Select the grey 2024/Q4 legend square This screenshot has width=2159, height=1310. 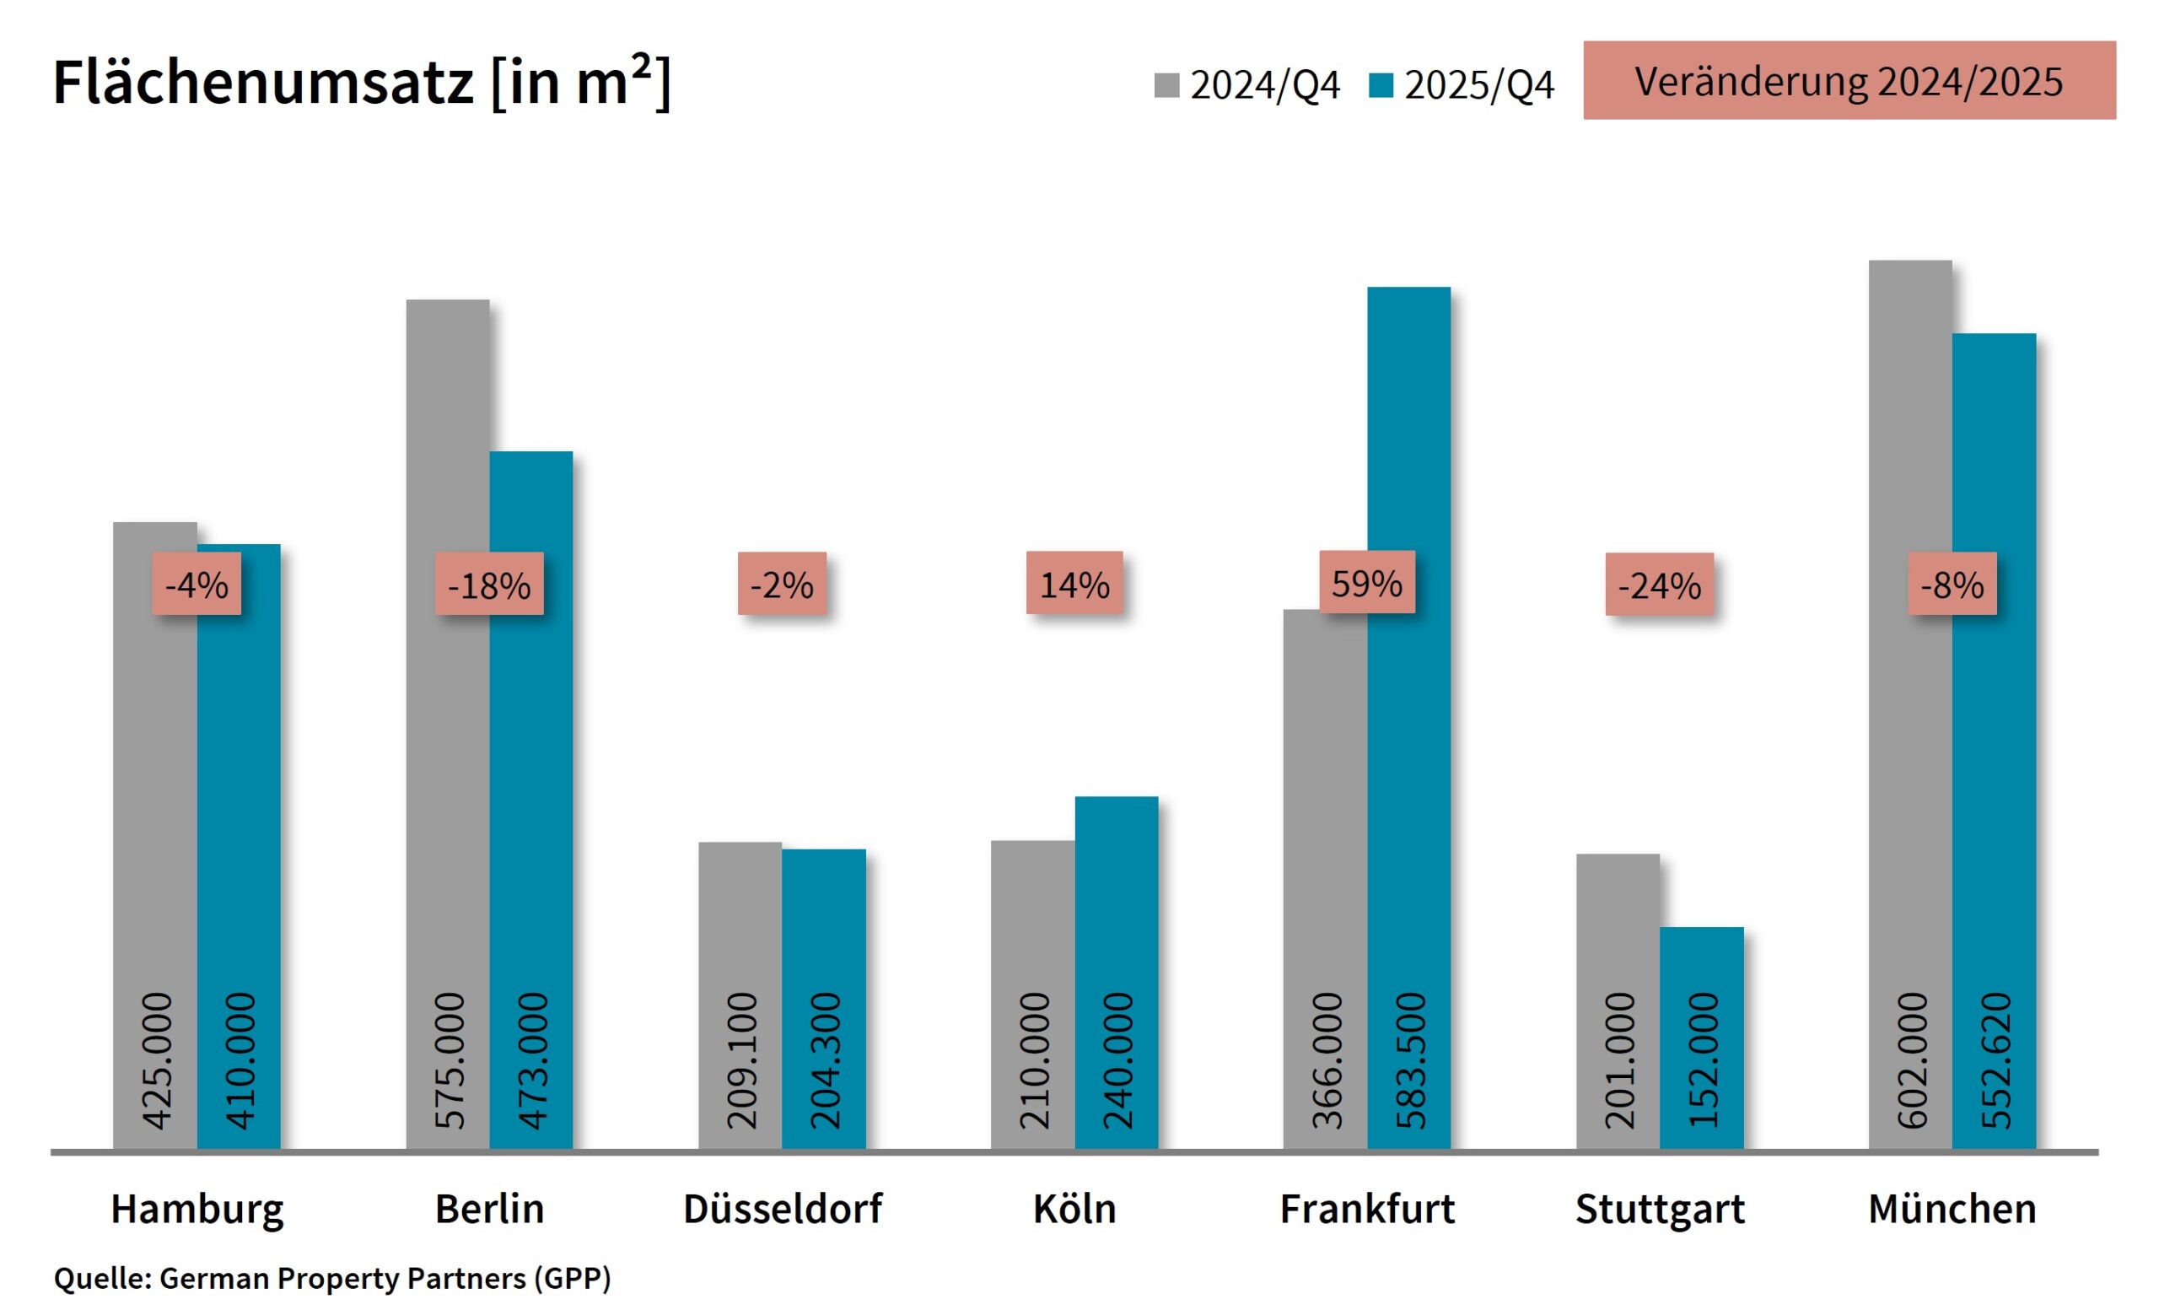(1166, 85)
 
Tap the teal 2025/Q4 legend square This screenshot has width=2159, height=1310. (1380, 85)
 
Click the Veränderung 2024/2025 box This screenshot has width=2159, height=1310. (1849, 80)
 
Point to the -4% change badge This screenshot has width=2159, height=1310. (197, 584)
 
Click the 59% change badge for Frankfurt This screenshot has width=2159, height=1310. (1366, 582)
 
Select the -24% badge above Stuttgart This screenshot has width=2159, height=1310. (1659, 584)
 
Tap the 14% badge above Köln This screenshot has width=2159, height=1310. (1074, 583)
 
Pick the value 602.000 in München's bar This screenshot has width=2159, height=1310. (1911, 1059)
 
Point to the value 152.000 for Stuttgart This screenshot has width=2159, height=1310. (1702, 1059)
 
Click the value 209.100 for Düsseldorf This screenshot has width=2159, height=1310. (740, 1059)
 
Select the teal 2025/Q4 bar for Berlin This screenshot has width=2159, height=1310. (531, 701)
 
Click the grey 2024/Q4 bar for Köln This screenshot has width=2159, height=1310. (1032, 920)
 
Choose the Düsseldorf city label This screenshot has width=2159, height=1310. (783, 1208)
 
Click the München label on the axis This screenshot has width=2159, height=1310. (1952, 1208)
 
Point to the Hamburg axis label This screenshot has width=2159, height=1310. (197, 1208)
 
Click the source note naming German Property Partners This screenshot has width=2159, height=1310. (332, 1278)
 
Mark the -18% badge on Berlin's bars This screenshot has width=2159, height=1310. (489, 584)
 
